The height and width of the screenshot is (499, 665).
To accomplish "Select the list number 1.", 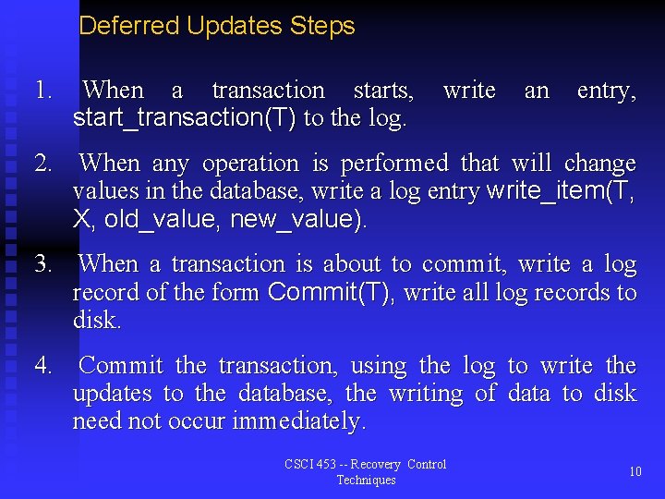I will coord(42,91).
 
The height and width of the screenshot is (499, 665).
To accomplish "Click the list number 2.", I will coord(42,164).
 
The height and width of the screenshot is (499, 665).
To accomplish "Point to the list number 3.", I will coord(42,264).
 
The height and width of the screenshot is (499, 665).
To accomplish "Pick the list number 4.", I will coord(42,366).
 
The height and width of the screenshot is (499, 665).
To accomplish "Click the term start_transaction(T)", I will coord(185,118).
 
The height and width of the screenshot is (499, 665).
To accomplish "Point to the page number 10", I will coord(635,472).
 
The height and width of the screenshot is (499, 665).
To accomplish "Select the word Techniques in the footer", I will coord(366,481).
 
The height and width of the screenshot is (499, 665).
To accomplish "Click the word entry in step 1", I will coord(606,91).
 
